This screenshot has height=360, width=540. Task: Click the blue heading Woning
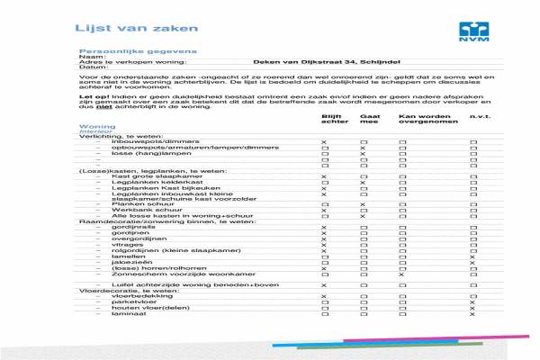(96, 127)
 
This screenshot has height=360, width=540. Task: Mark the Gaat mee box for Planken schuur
(364, 204)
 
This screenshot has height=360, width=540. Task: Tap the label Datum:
(93, 67)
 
